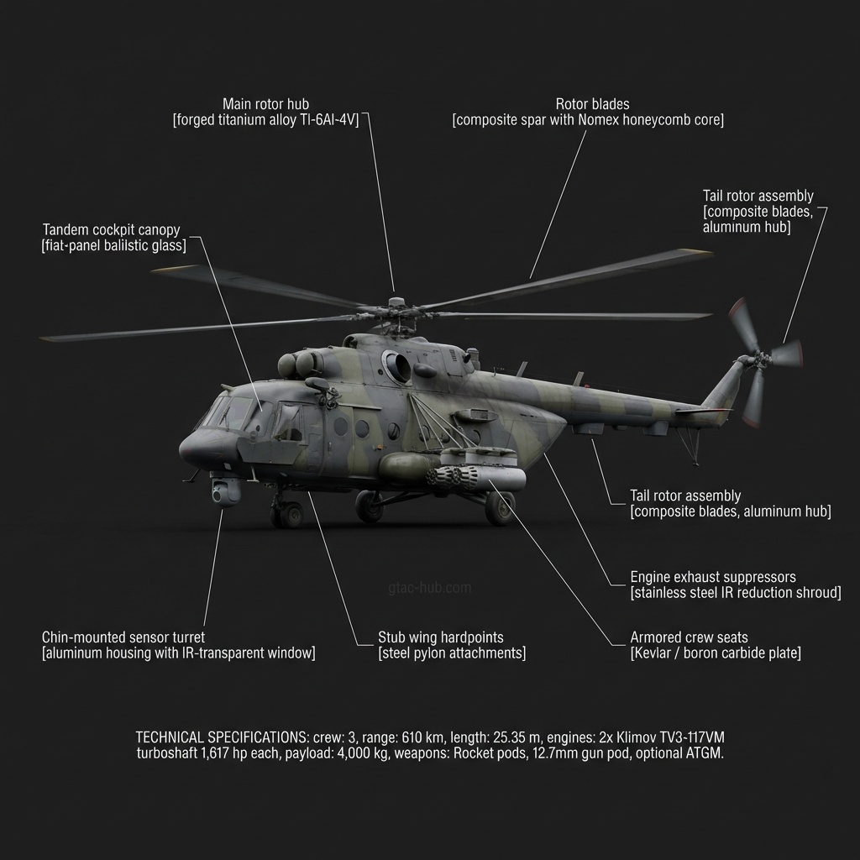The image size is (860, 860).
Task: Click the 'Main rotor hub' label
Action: (265, 104)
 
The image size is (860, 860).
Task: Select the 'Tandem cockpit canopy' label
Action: (111, 229)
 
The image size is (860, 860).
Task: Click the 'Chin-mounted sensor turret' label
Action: (123, 637)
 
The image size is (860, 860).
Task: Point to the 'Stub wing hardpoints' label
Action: (441, 637)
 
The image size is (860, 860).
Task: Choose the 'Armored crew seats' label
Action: (689, 637)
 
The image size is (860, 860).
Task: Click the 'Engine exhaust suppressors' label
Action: (713, 578)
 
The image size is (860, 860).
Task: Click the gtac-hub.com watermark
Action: (430, 588)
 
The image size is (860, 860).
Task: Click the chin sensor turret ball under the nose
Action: (224, 491)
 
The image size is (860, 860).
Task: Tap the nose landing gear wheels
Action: (286, 513)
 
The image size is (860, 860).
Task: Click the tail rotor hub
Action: (750, 359)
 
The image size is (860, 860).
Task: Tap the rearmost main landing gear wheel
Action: (501, 508)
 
